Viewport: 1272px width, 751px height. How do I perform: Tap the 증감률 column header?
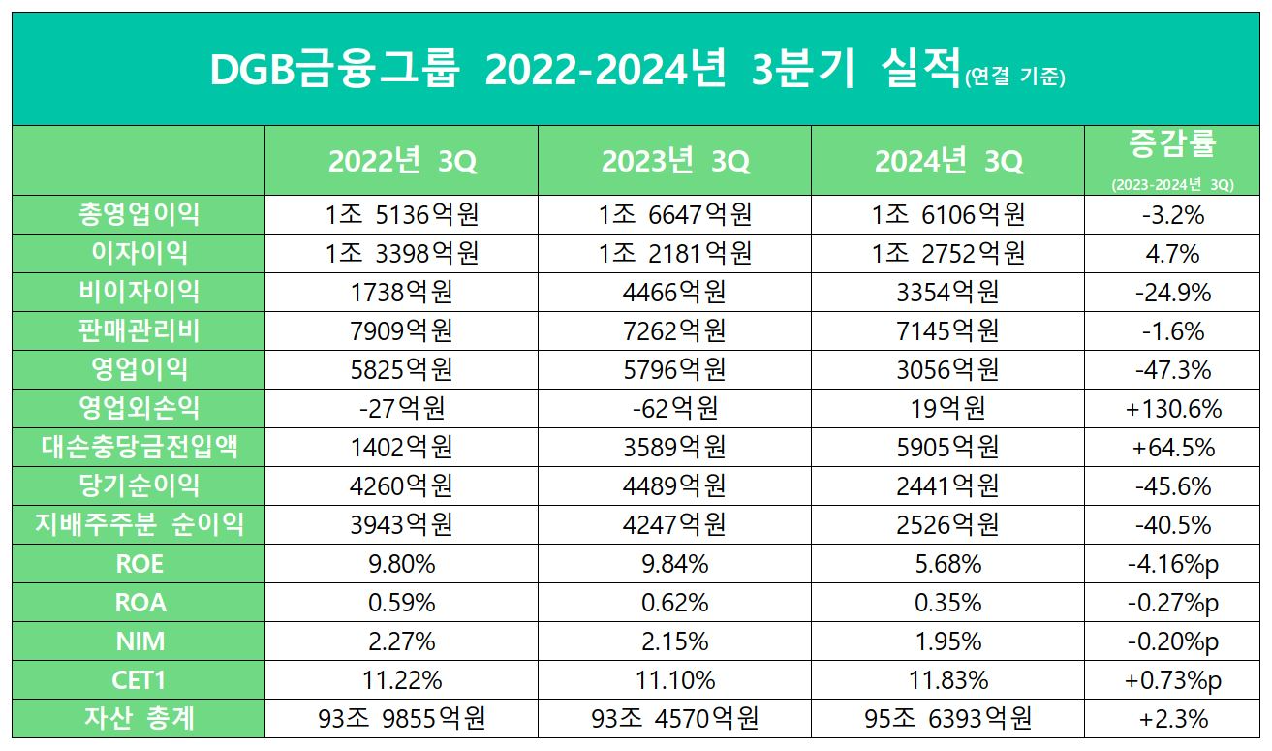pos(1172,145)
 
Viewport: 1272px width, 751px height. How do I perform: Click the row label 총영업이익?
pos(140,214)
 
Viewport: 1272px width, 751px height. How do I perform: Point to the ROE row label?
pos(140,563)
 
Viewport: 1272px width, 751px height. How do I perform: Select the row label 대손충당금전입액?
pos(140,447)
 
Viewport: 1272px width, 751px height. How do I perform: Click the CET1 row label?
pos(140,679)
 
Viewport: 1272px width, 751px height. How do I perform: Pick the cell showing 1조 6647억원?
pos(675,214)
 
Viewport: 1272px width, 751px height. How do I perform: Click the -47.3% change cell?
pos(1172,369)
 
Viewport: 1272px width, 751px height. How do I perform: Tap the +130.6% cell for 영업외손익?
pos(1172,408)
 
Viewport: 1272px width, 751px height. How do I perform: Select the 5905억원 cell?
pos(948,447)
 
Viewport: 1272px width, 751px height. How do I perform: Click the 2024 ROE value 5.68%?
pos(948,563)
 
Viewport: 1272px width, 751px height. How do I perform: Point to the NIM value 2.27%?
pos(402,641)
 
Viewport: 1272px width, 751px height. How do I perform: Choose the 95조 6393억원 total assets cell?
pos(948,718)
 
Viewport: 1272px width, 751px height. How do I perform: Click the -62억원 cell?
pos(675,408)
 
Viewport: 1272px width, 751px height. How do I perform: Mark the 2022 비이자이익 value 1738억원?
pos(402,292)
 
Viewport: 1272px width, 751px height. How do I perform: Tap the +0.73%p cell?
pos(1172,679)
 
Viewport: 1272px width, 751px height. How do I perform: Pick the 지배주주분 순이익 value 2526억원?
pos(948,524)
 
